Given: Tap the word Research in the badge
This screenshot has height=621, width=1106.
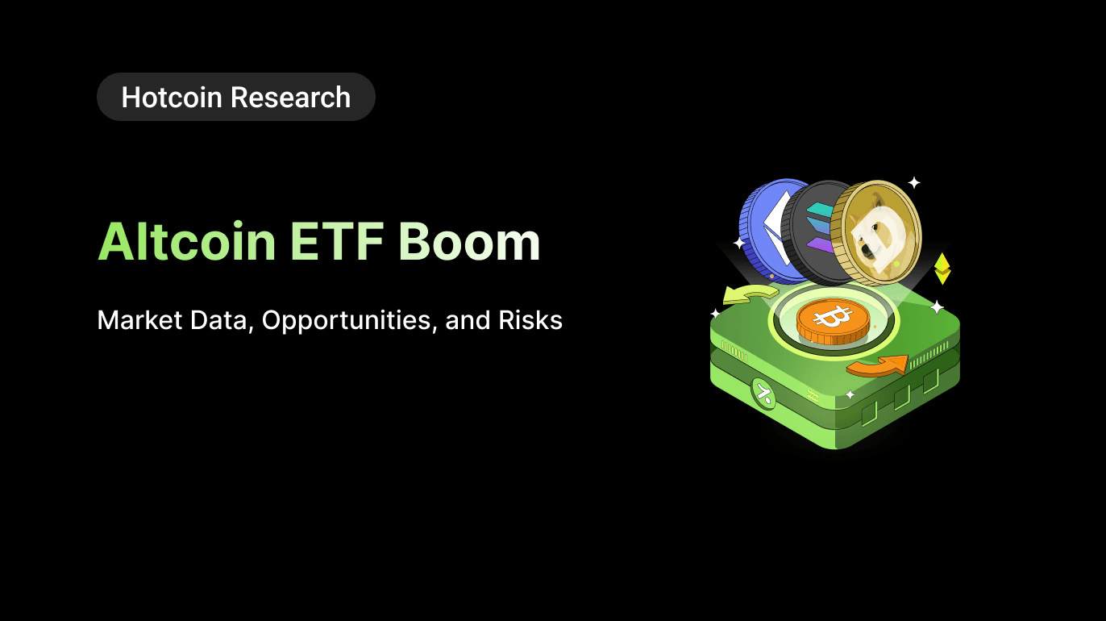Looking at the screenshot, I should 290,98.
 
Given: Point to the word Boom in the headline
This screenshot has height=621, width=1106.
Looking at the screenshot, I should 469,241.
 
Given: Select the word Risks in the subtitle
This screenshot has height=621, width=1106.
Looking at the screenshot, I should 530,320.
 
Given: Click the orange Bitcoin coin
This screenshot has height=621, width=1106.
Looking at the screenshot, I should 833,320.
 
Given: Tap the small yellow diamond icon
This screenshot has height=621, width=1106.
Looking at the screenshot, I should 942,269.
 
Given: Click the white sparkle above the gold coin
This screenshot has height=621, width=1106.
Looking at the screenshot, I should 913,182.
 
